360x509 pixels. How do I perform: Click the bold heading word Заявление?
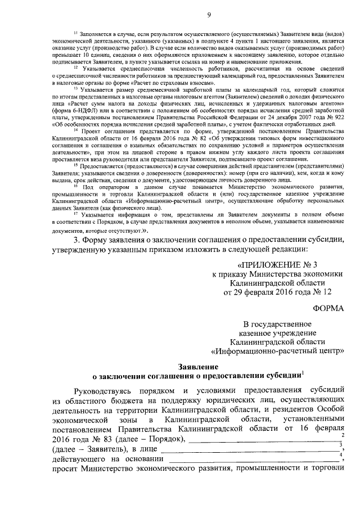[x=195, y=366]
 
